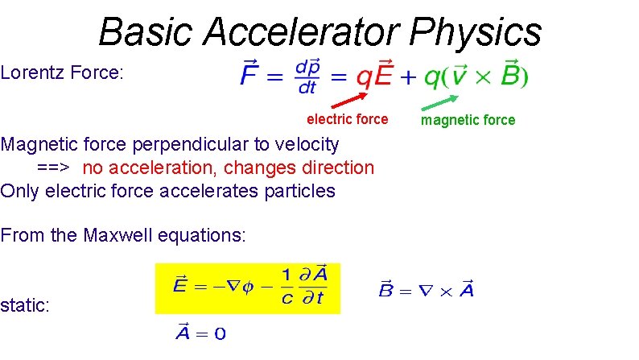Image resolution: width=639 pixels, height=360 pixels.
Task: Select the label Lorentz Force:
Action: point(62,73)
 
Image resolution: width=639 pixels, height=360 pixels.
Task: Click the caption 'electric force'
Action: point(347,119)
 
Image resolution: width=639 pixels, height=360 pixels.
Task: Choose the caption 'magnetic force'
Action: point(468,120)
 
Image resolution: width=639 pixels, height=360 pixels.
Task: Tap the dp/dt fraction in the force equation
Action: point(308,76)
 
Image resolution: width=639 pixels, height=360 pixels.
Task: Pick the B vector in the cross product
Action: point(510,76)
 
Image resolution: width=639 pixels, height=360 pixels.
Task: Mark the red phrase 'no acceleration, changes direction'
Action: point(228,168)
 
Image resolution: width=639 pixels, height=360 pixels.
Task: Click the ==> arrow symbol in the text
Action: point(52,168)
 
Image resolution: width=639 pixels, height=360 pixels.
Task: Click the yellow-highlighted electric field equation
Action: point(248,288)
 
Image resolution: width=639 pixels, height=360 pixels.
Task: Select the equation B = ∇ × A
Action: point(426,289)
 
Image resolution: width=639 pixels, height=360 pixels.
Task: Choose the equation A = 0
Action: point(200,333)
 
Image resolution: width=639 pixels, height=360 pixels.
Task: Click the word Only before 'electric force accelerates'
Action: point(20,191)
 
